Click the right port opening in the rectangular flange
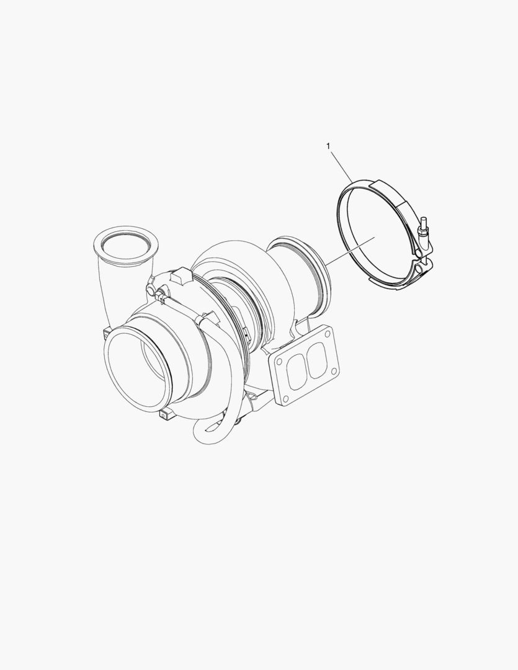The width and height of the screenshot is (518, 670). [x=315, y=362]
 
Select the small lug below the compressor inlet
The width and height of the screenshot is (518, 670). [x=167, y=414]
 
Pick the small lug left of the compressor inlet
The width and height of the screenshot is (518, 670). [x=104, y=334]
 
